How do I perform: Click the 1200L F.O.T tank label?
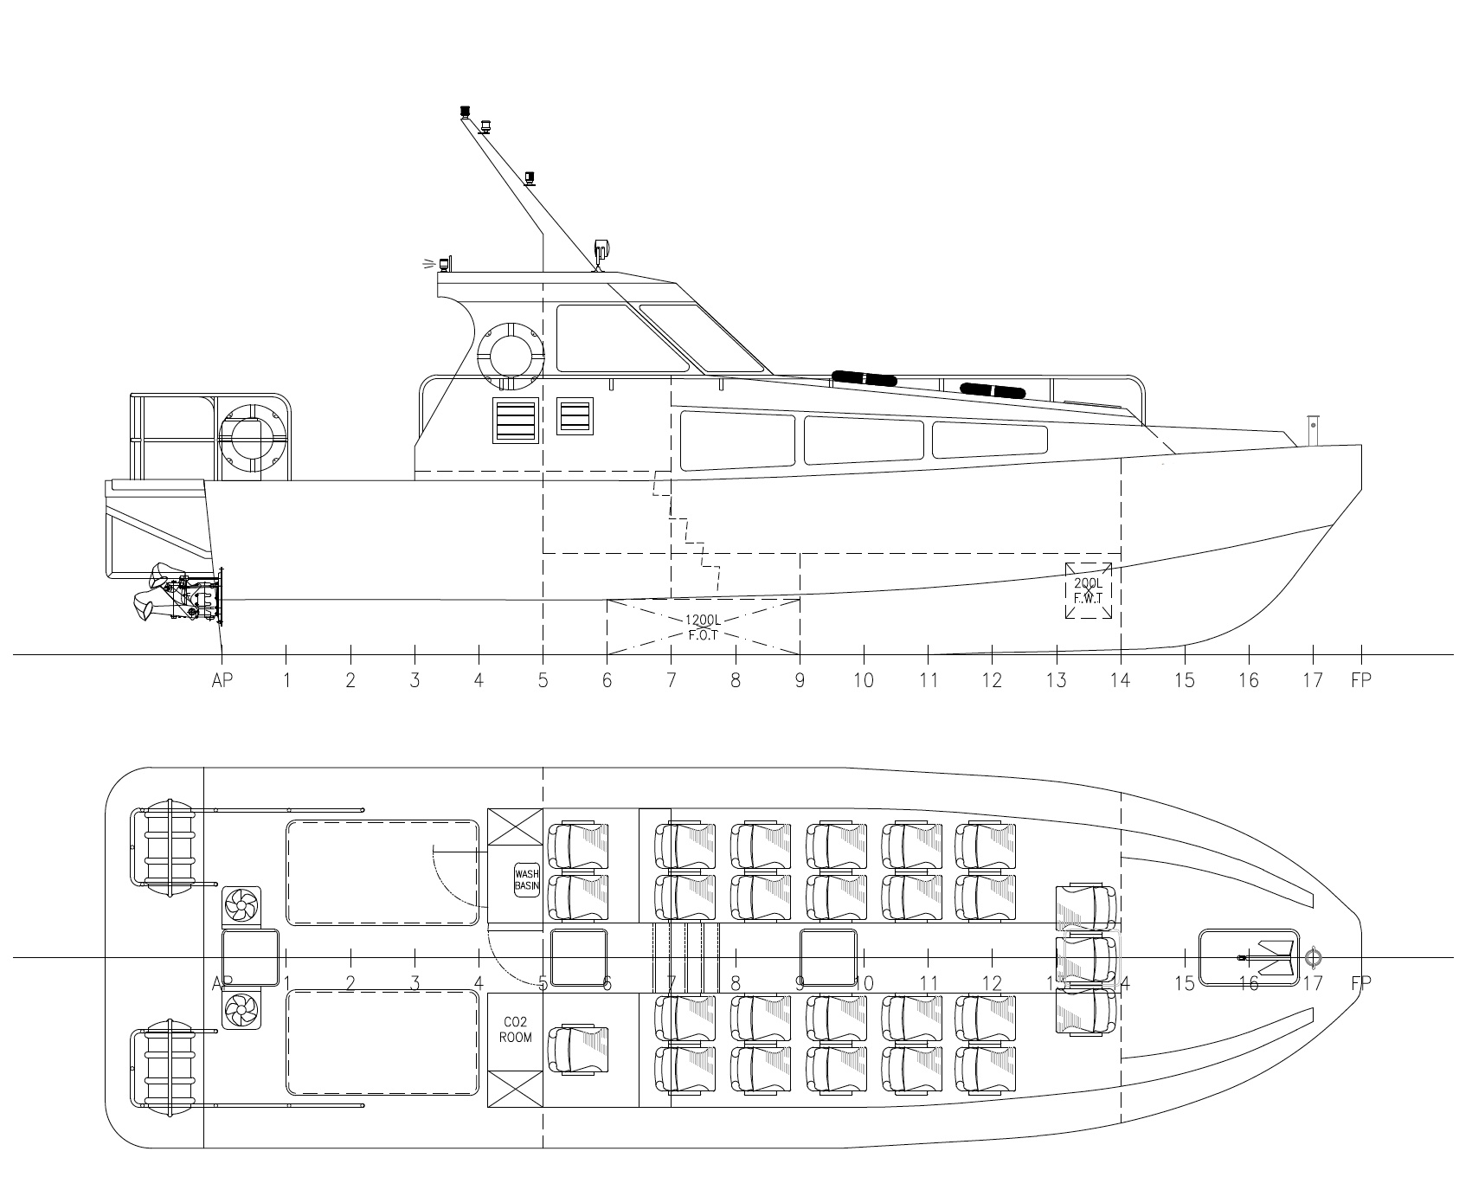(x=703, y=627)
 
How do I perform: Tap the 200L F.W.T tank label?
(x=1088, y=590)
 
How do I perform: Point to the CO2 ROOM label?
(x=515, y=1030)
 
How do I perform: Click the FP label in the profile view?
(x=1361, y=680)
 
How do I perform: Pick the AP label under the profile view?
(x=222, y=680)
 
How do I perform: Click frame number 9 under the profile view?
(x=800, y=680)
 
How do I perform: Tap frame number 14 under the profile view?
(x=1121, y=680)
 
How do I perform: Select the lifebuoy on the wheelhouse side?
(x=511, y=356)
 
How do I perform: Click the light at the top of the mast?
(x=466, y=113)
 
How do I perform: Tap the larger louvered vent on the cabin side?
(x=516, y=420)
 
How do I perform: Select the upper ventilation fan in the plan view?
(x=241, y=907)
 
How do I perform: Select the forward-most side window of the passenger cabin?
(x=988, y=440)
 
